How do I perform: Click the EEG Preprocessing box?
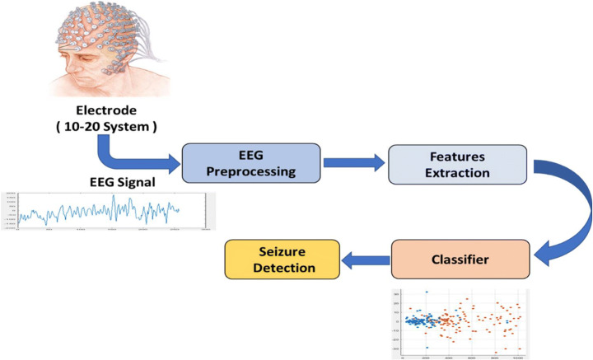click(250, 163)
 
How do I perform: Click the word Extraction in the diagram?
click(457, 173)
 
